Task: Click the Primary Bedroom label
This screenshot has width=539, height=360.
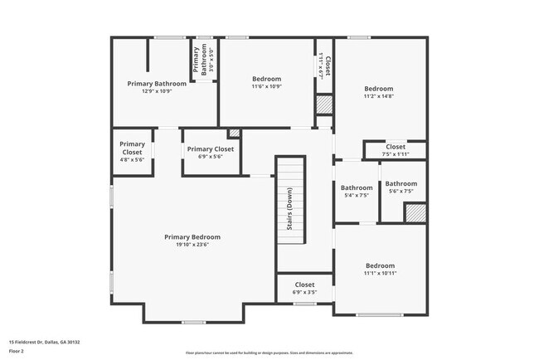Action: pyautogui.click(x=192, y=236)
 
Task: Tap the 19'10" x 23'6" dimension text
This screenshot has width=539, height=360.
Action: pyautogui.click(x=192, y=245)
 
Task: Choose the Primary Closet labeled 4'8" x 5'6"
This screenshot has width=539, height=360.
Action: pyautogui.click(x=133, y=148)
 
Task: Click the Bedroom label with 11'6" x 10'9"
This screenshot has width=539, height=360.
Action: pyautogui.click(x=266, y=79)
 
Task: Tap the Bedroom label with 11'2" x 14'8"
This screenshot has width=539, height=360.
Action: pyautogui.click(x=379, y=88)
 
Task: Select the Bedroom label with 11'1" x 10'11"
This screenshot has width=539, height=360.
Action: pyautogui.click(x=379, y=266)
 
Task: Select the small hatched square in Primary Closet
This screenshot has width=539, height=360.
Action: pyautogui.click(x=234, y=133)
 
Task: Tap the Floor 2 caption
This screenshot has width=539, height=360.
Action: pyautogui.click(x=17, y=351)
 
